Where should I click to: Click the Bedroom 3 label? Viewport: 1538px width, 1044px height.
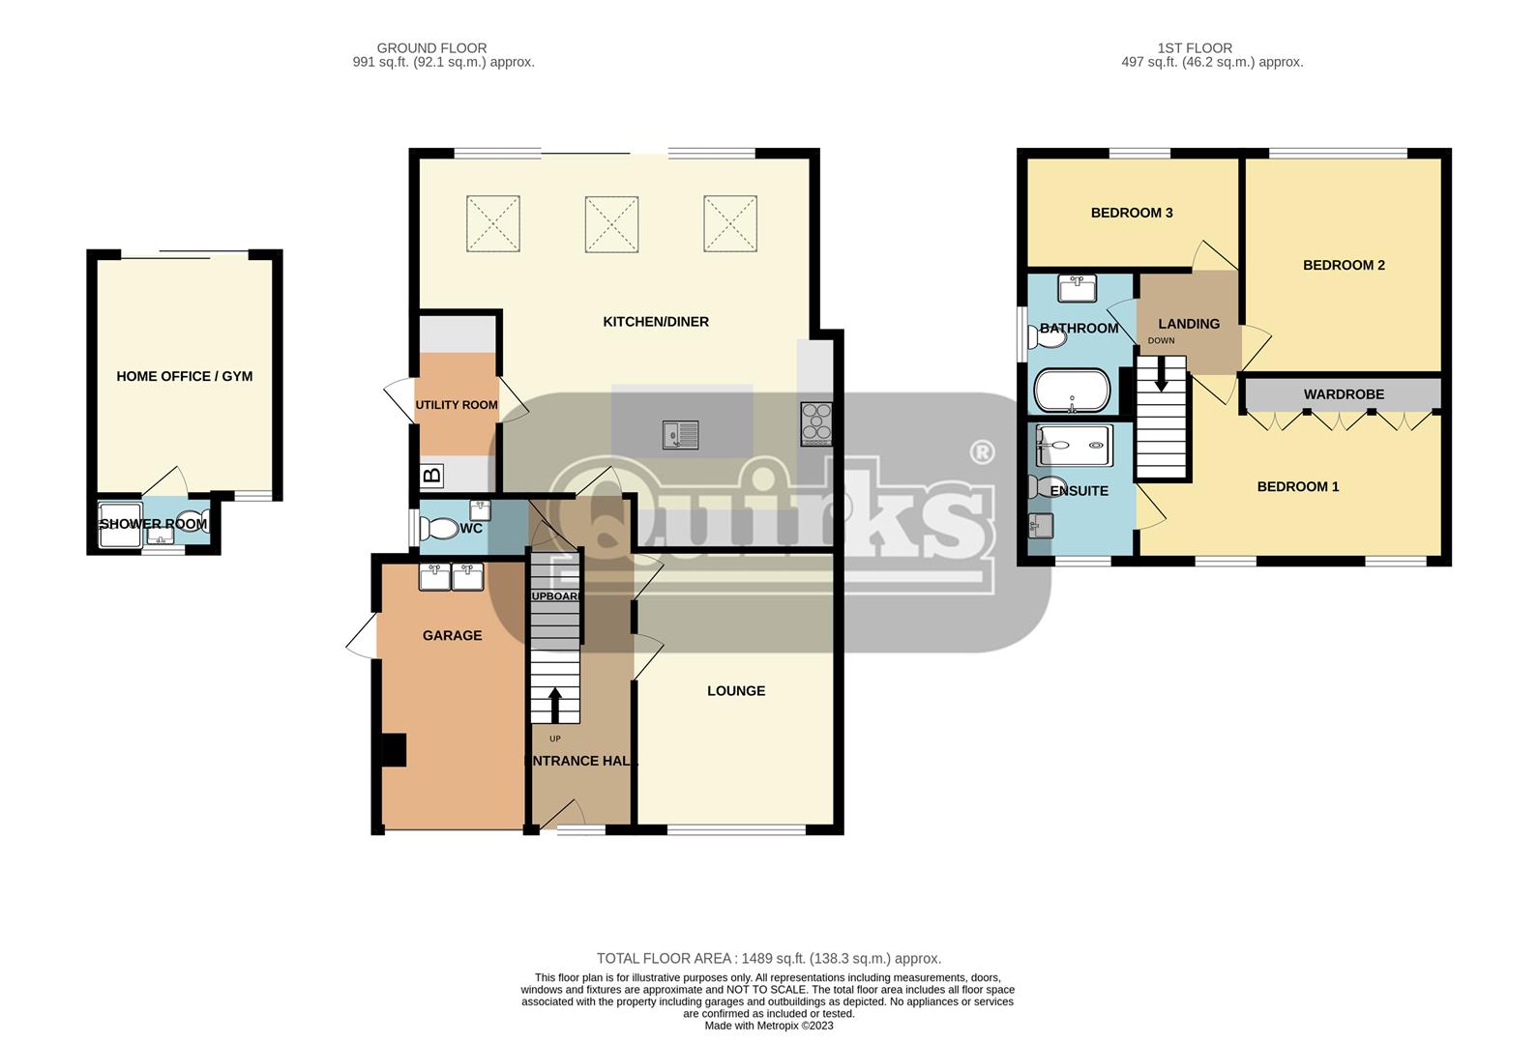(x=1131, y=213)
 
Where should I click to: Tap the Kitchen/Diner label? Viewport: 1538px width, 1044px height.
(x=656, y=322)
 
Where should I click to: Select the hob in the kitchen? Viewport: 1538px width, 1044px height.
(x=815, y=423)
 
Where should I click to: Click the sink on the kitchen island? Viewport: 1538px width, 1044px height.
(x=680, y=435)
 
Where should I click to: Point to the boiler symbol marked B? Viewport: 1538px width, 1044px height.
(x=432, y=475)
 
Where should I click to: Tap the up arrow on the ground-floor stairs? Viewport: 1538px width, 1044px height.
(x=555, y=705)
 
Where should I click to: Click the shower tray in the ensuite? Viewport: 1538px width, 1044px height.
(x=1074, y=446)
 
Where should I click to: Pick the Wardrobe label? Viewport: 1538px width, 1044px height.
(x=1343, y=394)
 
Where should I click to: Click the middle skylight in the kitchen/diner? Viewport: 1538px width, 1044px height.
(x=611, y=224)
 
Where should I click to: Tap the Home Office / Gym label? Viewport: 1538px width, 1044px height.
(x=184, y=376)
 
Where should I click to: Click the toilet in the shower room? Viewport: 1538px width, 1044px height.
(x=192, y=523)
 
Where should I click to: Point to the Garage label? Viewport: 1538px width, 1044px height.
(x=452, y=635)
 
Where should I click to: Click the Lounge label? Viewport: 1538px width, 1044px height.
(x=735, y=691)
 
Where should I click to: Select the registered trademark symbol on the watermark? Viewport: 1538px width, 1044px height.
(x=981, y=452)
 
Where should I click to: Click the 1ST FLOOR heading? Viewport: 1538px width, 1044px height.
(x=1195, y=47)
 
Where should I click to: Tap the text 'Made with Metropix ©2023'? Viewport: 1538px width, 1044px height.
(x=768, y=1026)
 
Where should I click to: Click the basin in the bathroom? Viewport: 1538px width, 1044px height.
(x=1076, y=287)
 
